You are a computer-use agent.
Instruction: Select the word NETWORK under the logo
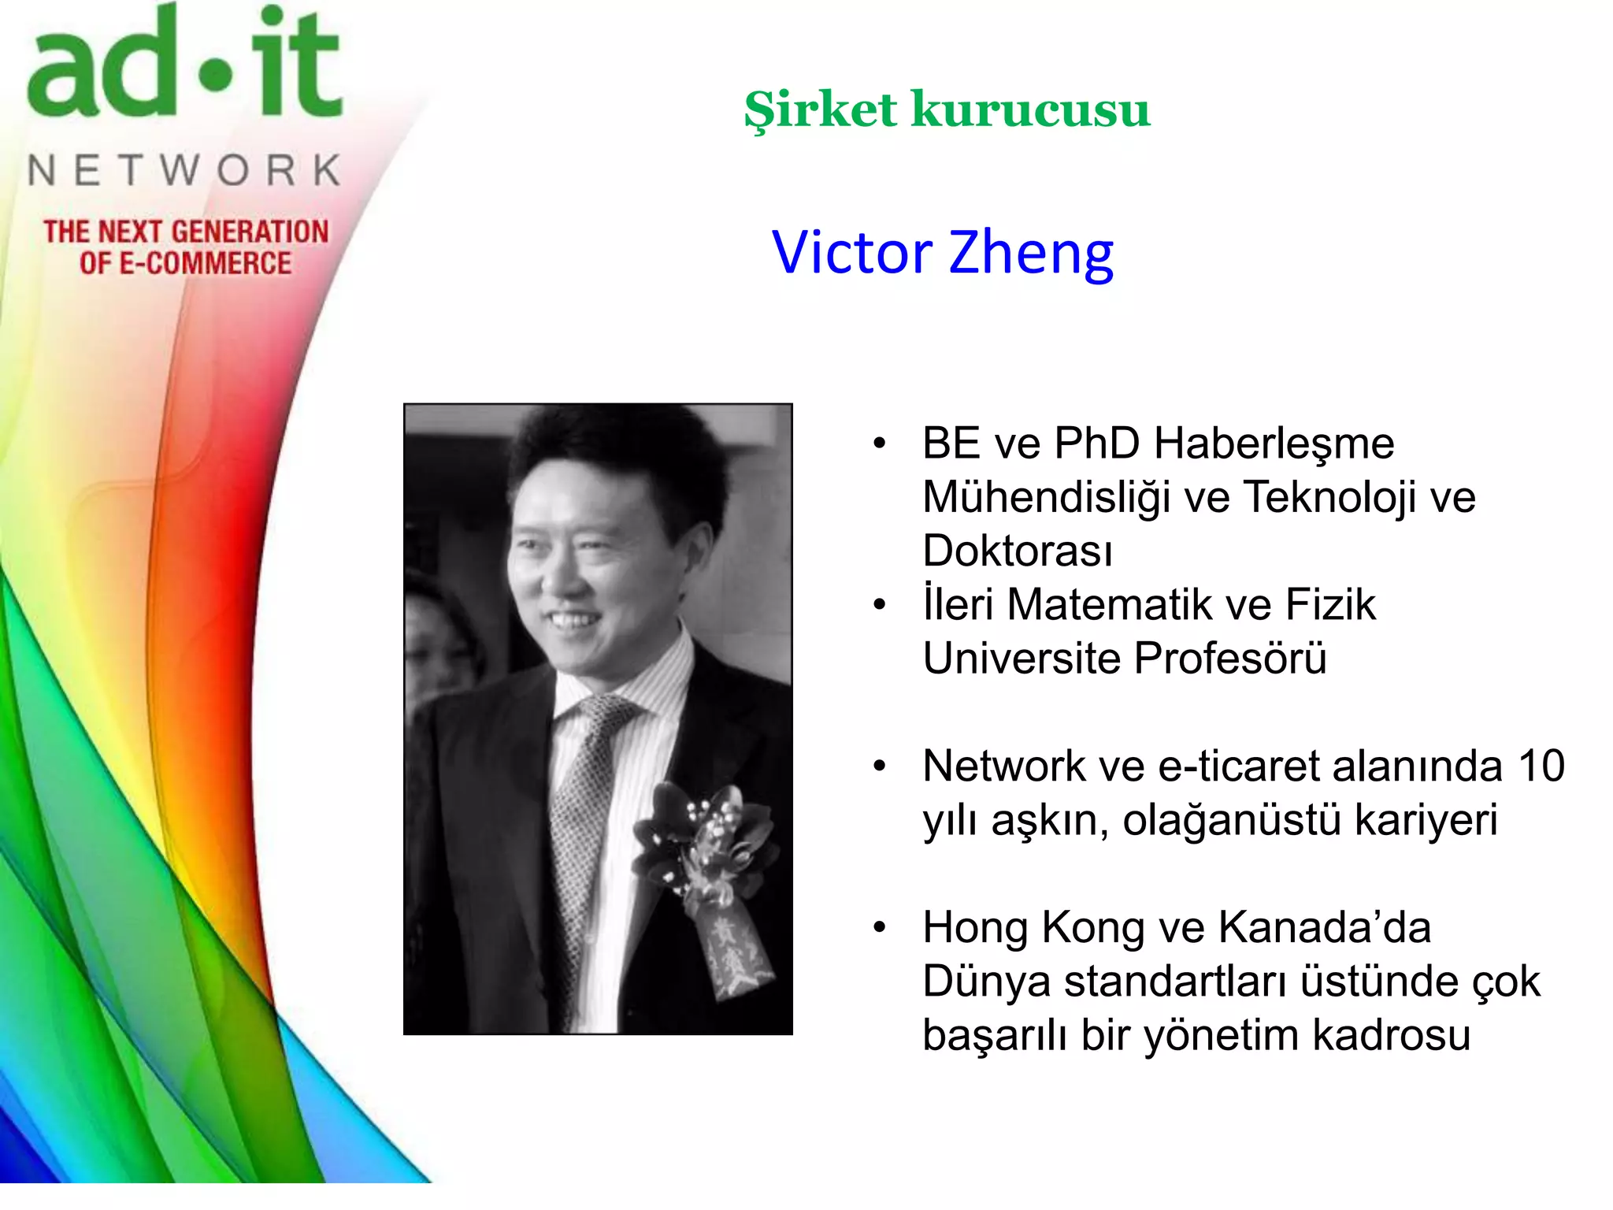click(185, 170)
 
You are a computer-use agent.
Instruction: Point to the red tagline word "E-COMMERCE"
click(205, 263)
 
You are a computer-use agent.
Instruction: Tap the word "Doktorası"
click(1018, 550)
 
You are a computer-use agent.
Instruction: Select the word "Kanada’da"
click(1325, 927)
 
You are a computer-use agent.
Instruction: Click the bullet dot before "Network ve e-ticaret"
click(880, 766)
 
